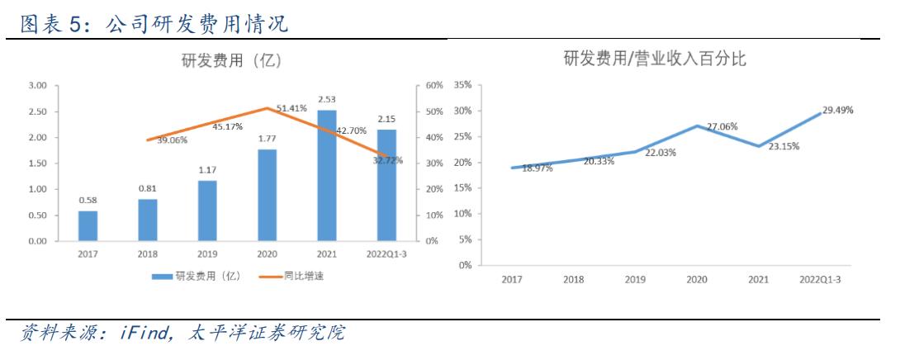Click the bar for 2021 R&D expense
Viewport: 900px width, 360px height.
click(x=327, y=175)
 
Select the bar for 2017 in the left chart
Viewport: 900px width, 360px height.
click(x=88, y=225)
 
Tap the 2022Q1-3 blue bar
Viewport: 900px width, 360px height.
click(x=386, y=185)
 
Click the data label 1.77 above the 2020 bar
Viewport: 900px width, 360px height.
click(x=267, y=139)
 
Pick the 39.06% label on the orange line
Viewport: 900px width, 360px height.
click(x=171, y=140)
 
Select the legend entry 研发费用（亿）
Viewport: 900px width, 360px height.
click(x=202, y=276)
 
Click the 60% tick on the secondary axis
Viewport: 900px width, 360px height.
click(x=434, y=85)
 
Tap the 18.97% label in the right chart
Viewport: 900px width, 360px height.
click(x=539, y=168)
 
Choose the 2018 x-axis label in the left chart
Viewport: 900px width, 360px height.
click(x=148, y=254)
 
